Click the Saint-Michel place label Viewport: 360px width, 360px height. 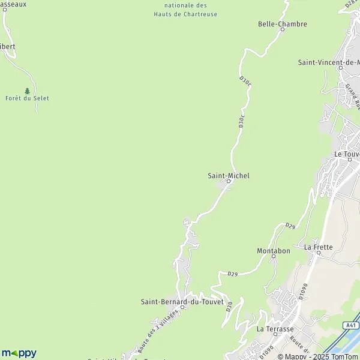point(228,175)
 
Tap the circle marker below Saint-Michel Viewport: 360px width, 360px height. point(229,181)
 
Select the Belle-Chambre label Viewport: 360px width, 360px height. point(282,24)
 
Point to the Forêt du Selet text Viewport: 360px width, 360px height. point(27,98)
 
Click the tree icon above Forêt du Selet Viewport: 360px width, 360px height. point(27,91)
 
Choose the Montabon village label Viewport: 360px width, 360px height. point(274,250)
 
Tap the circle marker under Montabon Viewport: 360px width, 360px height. point(274,256)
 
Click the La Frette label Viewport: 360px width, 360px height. point(318,247)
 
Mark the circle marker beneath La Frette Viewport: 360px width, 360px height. point(318,253)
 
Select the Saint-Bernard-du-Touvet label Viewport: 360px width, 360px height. point(182,301)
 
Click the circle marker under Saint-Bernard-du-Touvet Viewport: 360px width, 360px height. point(182,307)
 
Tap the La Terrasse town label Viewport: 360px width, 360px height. point(275,329)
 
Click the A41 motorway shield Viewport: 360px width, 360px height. point(352,326)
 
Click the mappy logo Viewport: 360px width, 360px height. point(19,353)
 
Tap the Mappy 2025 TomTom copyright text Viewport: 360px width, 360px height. point(318,356)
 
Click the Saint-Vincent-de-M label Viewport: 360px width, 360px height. point(329,62)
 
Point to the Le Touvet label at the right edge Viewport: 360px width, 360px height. point(347,154)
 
